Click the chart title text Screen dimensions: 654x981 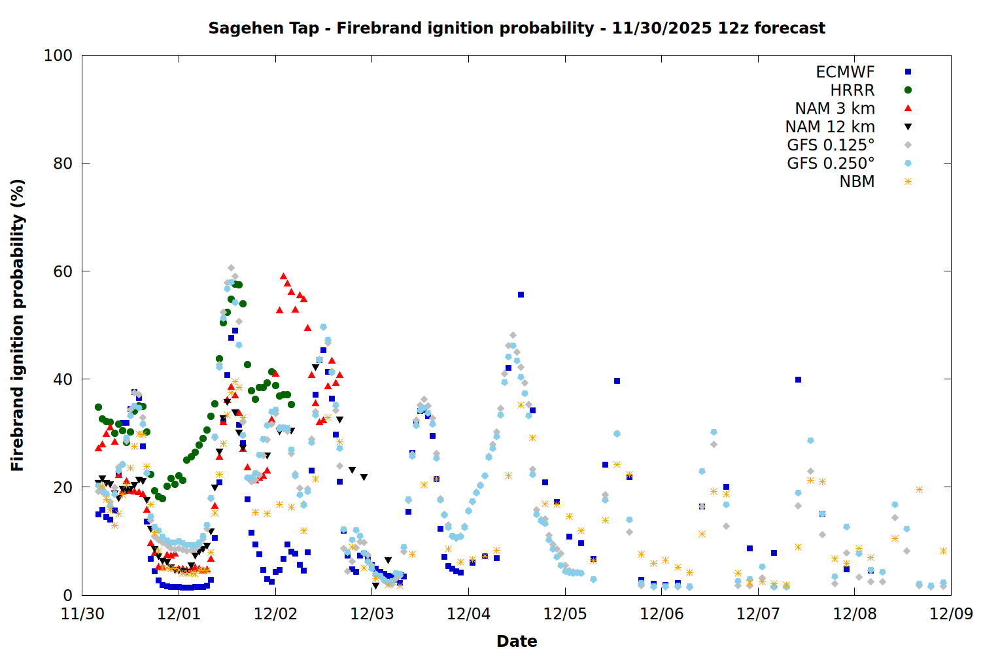click(x=517, y=28)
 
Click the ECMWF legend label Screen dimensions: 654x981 click(x=845, y=72)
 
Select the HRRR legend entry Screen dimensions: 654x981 click(x=852, y=90)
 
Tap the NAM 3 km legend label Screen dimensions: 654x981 click(x=835, y=109)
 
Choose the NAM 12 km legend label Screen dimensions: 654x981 click(x=830, y=127)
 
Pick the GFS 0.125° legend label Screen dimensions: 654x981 click(x=831, y=145)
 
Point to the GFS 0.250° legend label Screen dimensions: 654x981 click(x=831, y=163)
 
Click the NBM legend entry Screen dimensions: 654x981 click(x=857, y=182)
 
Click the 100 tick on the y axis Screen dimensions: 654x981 click(x=58, y=56)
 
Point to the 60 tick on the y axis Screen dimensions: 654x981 click(x=63, y=271)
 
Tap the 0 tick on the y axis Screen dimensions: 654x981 click(x=67, y=595)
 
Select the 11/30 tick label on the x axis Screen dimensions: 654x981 click(x=82, y=614)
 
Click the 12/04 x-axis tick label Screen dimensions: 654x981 click(x=468, y=614)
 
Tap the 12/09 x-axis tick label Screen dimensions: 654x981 click(x=951, y=614)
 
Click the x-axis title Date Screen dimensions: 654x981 click(x=517, y=641)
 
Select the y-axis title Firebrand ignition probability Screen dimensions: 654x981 click(x=17, y=325)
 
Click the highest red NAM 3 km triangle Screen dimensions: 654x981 click(x=283, y=276)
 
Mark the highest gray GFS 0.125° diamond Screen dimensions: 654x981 click(x=231, y=268)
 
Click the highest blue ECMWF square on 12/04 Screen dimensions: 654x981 click(x=521, y=295)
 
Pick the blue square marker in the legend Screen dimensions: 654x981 click(x=908, y=72)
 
